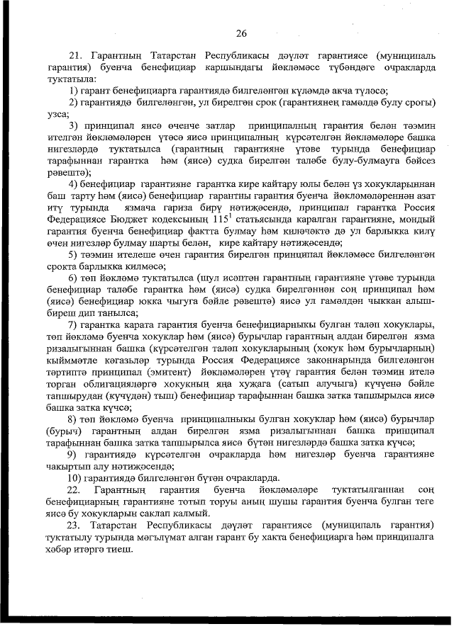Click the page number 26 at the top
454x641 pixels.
coord(240,33)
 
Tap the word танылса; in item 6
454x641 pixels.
coord(99,312)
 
